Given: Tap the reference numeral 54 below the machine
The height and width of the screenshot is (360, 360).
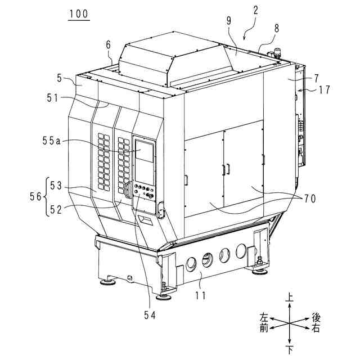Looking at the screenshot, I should tap(149, 316).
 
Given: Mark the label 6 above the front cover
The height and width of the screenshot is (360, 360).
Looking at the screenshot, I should tap(109, 43).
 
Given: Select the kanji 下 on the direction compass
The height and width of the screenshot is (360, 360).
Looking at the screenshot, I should tap(289, 350).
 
